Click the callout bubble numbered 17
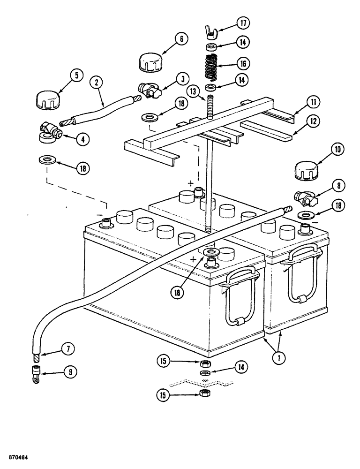pos(242,22)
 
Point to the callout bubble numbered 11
pos(313,101)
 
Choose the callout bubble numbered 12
pos(313,121)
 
